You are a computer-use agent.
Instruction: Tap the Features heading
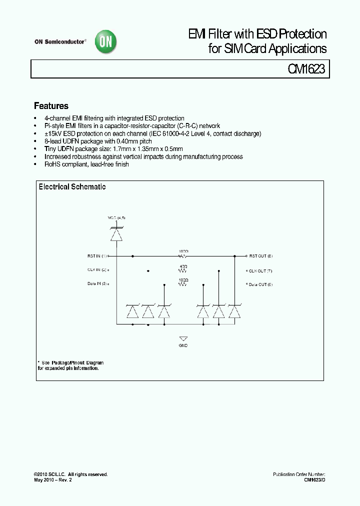[51, 106]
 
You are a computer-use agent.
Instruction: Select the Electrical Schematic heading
[72, 187]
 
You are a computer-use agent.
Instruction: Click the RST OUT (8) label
[260, 255]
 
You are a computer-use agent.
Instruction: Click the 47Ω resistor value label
[183, 266]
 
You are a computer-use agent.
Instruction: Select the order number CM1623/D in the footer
[314, 479]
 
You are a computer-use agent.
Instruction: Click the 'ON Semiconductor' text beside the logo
[60, 42]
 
